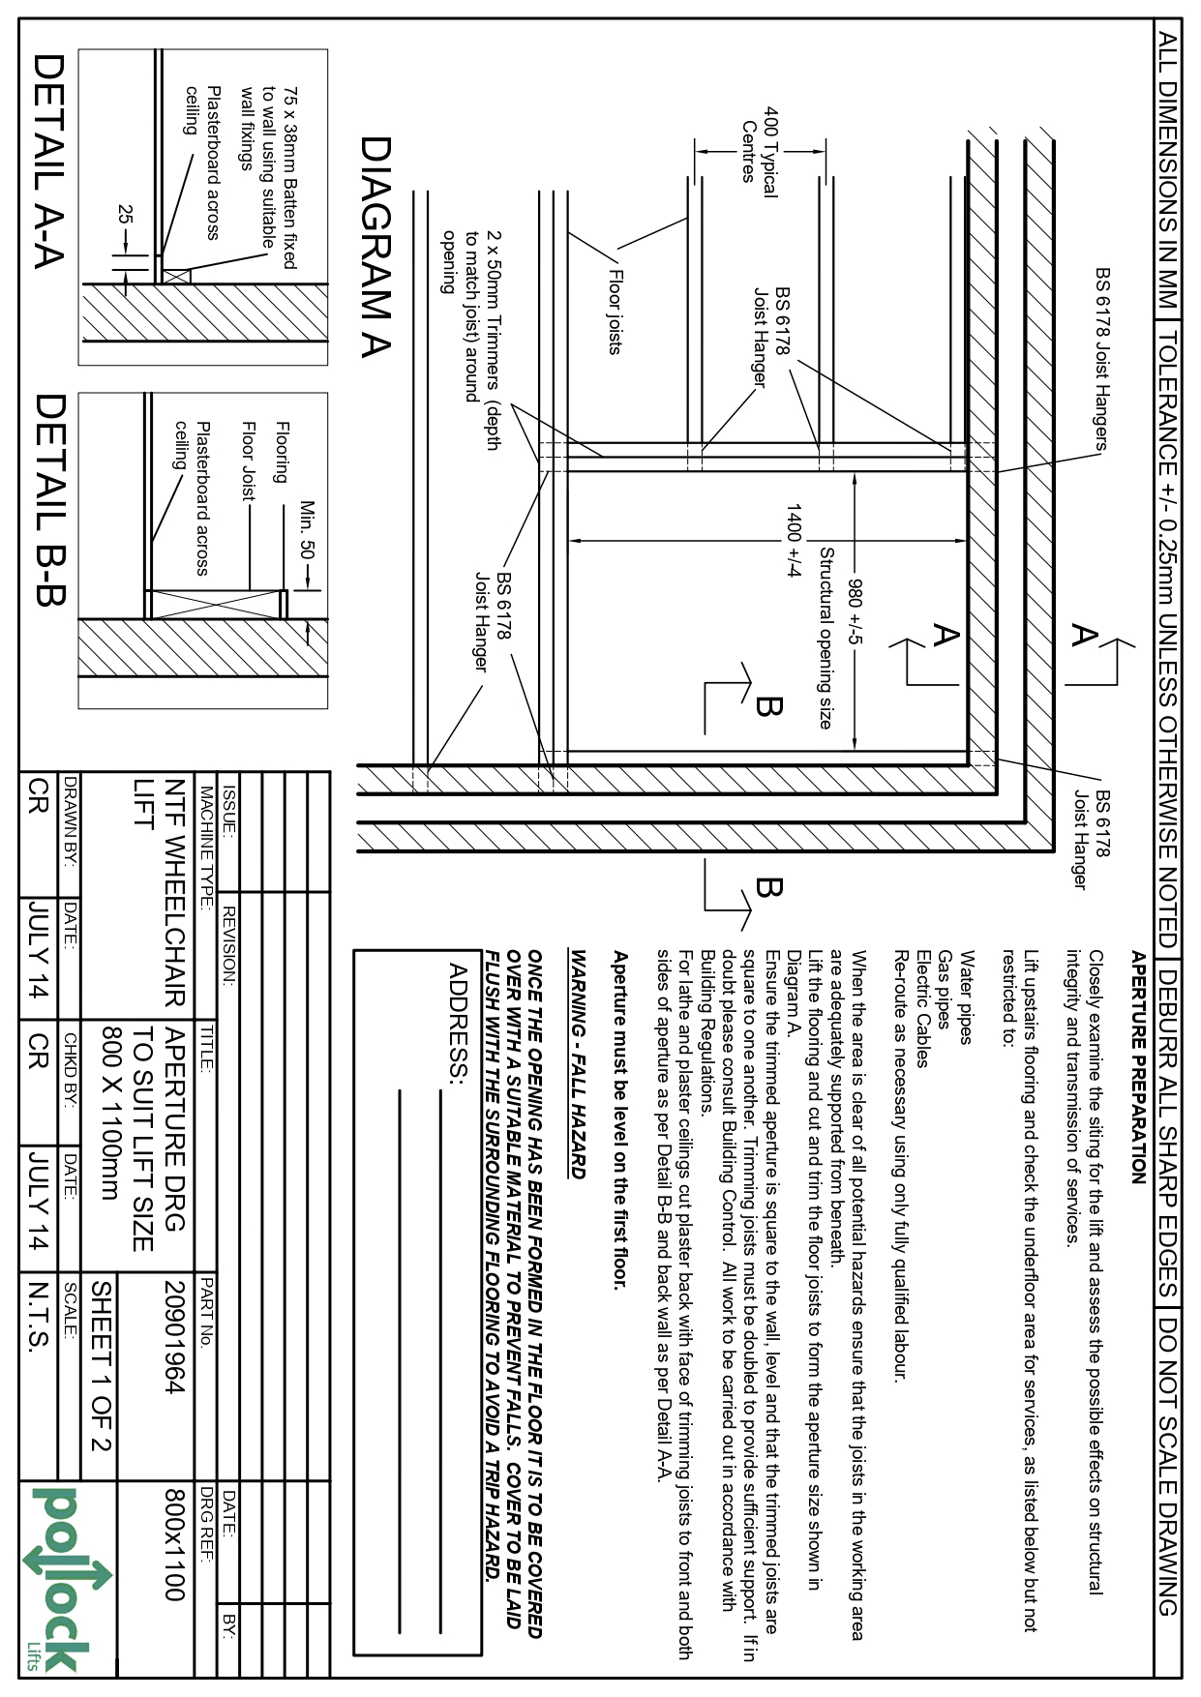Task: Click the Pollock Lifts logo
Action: [x=67, y=1577]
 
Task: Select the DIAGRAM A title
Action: [x=375, y=247]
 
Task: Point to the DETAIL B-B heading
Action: [x=47, y=499]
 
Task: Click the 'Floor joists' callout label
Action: [x=614, y=311]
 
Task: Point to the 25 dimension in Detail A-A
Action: [x=124, y=215]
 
